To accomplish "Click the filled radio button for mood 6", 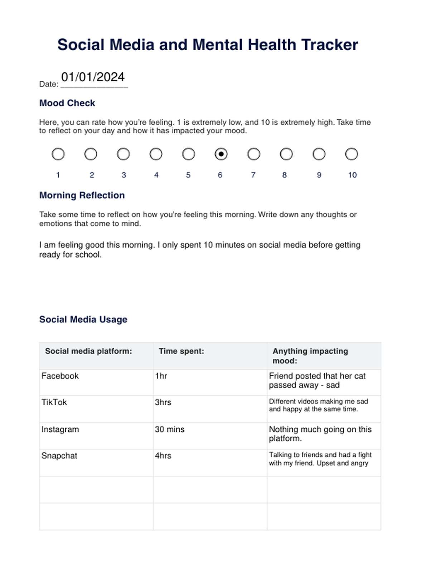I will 221,154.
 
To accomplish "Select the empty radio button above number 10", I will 352,154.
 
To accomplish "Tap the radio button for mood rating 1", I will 58,154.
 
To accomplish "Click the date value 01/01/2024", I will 93,77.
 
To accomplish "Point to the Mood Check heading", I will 67,103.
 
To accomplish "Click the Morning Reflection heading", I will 82,195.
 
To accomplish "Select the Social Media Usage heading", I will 83,319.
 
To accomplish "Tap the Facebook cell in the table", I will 60,376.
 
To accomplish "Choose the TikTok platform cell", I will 54,402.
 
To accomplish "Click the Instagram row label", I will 60,429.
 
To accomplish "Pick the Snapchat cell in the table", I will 59,456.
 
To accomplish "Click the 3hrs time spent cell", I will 163,402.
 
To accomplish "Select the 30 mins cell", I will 170,429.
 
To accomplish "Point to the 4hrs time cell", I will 163,456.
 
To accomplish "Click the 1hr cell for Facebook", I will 161,376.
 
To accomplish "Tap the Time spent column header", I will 182,351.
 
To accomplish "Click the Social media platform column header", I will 88,351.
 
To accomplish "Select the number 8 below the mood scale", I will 284,175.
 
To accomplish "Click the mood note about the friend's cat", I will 317,380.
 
